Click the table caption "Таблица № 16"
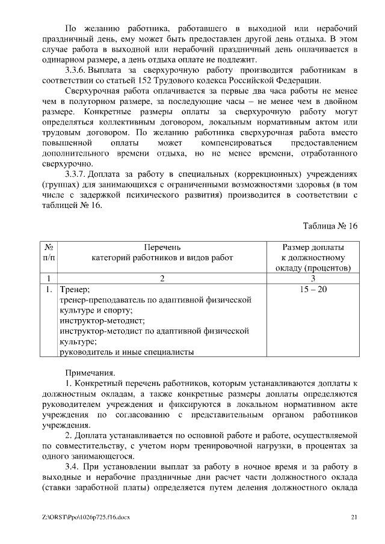point(330,226)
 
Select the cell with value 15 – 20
point(313,289)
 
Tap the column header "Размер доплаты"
point(313,247)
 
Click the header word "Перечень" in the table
point(162,247)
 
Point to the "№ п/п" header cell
point(49,252)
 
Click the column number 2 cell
point(162,278)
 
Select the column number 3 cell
point(313,278)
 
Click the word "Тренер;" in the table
point(75,289)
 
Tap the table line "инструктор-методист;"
point(100,321)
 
